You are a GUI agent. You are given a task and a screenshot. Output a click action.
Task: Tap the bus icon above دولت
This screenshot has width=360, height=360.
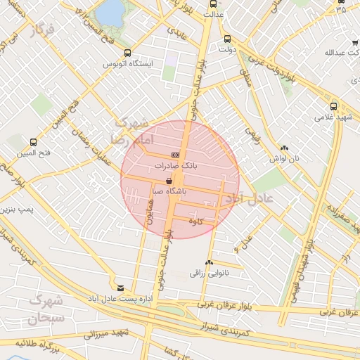(x=226, y=39)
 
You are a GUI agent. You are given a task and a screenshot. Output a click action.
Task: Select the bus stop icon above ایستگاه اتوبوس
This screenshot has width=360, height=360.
(x=127, y=53)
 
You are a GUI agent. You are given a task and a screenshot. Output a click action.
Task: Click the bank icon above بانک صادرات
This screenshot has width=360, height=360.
(x=175, y=155)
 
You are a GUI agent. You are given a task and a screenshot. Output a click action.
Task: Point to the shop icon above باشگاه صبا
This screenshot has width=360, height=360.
(x=169, y=181)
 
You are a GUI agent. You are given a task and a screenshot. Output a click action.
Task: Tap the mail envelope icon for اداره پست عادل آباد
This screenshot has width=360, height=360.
(x=120, y=288)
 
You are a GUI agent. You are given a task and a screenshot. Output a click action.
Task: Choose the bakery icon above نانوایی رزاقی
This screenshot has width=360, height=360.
(x=209, y=263)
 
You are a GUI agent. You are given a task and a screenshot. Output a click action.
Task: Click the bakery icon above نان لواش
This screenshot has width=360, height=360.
(x=284, y=148)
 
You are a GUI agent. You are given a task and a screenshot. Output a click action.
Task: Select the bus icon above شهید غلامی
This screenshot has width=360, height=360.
(x=333, y=106)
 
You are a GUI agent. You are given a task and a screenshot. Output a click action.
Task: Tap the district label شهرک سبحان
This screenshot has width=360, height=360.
(x=47, y=310)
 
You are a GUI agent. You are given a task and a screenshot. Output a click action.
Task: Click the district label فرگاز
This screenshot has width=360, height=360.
(x=42, y=31)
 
